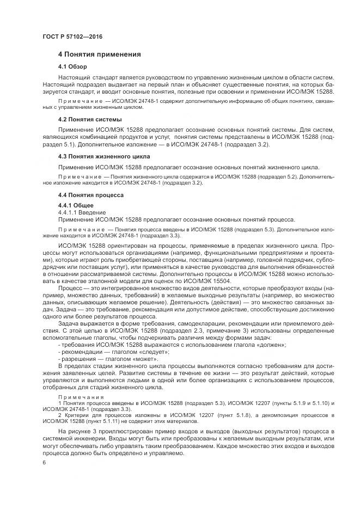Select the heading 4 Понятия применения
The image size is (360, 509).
(100, 54)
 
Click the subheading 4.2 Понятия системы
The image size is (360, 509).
(90, 119)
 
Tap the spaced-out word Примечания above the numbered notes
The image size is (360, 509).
(76, 397)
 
